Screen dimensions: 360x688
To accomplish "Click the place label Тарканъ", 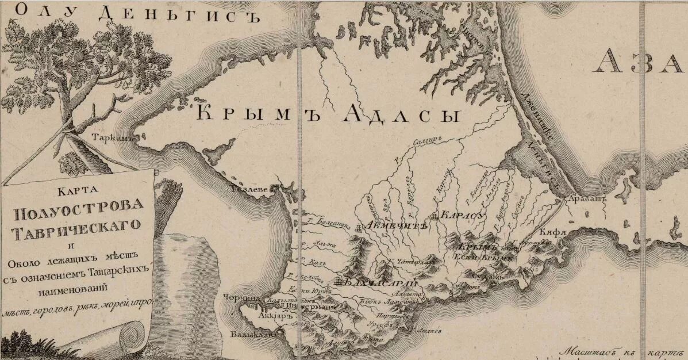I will (x=114, y=138).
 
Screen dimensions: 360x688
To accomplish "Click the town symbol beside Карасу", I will (x=435, y=217).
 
